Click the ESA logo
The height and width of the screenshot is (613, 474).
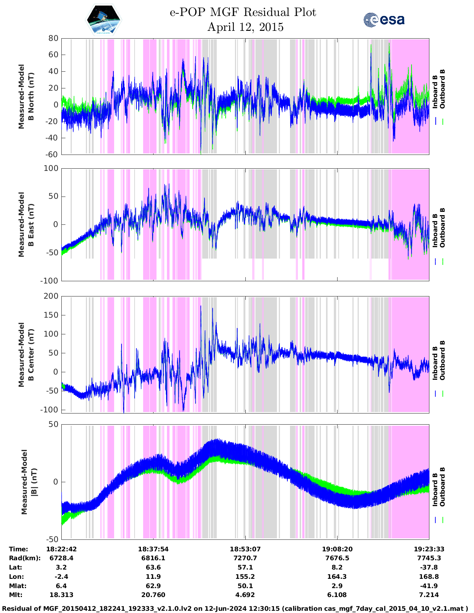pyautogui.click(x=384, y=19)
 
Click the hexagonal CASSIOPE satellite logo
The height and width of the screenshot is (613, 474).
pyautogui.click(x=104, y=19)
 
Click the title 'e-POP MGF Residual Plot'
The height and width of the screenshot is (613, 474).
pyautogui.click(x=243, y=12)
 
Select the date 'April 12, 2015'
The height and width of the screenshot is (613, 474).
pyautogui.click(x=245, y=27)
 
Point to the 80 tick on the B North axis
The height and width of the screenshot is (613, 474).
pyautogui.click(x=53, y=38)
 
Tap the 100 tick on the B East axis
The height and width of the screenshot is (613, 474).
pyautogui.click(x=51, y=168)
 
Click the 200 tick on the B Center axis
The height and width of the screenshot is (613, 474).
pyautogui.click(x=51, y=296)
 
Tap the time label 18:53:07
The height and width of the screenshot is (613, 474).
pyautogui.click(x=245, y=549)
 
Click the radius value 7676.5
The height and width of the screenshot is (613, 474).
pyautogui.click(x=337, y=558)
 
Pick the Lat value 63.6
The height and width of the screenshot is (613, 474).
pyautogui.click(x=153, y=567)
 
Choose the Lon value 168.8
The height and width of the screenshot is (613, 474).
pyautogui.click(x=429, y=577)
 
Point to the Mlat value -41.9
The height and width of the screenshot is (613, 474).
pyautogui.click(x=429, y=586)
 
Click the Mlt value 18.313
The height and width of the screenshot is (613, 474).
pyautogui.click(x=61, y=595)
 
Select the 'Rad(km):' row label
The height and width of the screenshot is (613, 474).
pyautogui.click(x=25, y=558)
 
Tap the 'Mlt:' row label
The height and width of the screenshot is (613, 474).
pyautogui.click(x=16, y=595)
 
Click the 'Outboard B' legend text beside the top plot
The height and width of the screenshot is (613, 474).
pyautogui.click(x=442, y=89)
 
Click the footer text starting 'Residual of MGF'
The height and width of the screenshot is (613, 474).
pyautogui.click(x=237, y=609)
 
